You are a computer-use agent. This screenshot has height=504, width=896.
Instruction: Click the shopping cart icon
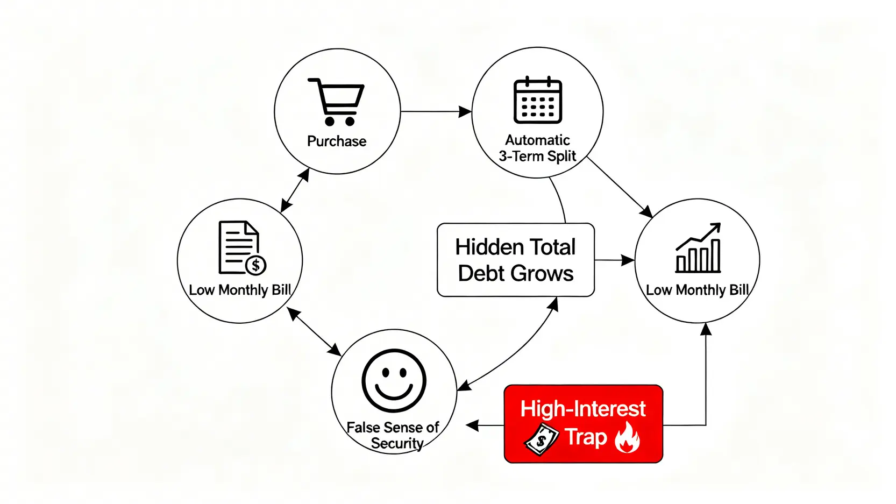point(337,102)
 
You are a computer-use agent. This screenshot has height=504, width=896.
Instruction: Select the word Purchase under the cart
point(337,141)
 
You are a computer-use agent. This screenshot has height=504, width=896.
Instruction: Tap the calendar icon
point(538,100)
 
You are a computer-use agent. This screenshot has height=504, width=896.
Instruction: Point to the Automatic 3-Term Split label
point(537,148)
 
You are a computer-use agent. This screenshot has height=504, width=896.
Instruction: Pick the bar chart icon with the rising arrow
point(698,249)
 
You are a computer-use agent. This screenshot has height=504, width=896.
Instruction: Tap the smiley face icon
point(394,381)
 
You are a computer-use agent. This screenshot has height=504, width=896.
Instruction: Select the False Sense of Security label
point(394,435)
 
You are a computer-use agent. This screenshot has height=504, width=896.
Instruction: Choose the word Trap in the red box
point(586,437)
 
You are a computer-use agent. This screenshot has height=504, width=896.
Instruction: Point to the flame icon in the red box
point(628,437)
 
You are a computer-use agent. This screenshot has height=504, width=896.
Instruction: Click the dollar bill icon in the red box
point(541,439)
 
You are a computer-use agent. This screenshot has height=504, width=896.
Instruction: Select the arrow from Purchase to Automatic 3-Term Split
point(436,112)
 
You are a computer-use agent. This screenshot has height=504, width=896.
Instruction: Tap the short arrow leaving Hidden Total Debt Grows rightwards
point(614,260)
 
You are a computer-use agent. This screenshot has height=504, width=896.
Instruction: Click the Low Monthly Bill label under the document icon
point(240,290)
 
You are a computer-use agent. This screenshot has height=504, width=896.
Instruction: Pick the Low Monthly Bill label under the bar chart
point(697,290)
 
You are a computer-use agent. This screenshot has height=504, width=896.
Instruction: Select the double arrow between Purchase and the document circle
point(295,190)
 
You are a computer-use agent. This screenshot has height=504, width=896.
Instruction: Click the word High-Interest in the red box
point(583,409)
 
